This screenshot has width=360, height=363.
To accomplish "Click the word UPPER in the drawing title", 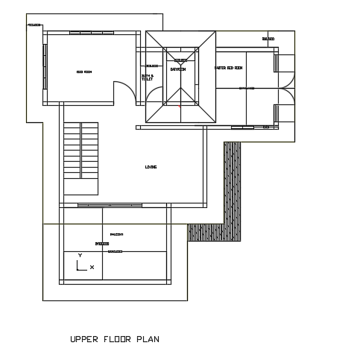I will coord(83,340).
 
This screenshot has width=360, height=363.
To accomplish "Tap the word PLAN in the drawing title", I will coord(148,340).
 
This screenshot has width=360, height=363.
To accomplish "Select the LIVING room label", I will coord(151,167).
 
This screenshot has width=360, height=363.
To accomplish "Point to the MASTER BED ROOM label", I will coord(229,68).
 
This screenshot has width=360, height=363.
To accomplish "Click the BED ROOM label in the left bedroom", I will coord(84,72).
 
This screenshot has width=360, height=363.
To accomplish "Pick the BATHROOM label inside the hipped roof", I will coord(178,69).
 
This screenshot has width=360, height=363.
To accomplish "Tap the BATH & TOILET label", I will coord(148,77).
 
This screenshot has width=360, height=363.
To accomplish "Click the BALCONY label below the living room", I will coord(116,235).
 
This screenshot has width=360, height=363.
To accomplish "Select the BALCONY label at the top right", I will coord(268,39).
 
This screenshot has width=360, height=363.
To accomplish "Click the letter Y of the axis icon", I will coord(80,256).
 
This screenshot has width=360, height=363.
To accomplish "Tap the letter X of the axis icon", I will coord(92,267).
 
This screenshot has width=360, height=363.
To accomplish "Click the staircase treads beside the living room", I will coord(80,150).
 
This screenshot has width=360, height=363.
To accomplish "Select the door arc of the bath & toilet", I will coord(154,95).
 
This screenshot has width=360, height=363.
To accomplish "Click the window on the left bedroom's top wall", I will coord(92,33).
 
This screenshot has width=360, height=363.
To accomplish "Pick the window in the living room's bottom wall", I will coord(110,205).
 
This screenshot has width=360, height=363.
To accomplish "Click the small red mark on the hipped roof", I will coord(180,106).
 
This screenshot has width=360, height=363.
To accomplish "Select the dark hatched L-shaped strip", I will coord(232,194).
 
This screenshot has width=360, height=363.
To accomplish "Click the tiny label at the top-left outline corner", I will coord(34,25).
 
